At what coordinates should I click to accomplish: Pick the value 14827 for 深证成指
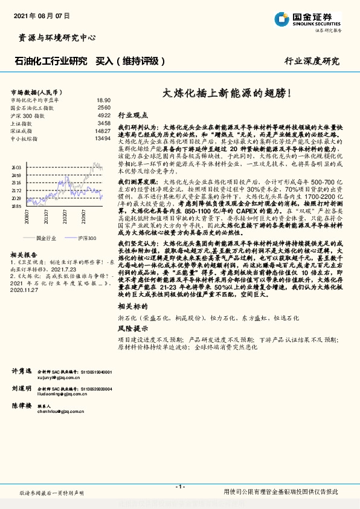102,131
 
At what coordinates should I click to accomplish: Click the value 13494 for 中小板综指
102,138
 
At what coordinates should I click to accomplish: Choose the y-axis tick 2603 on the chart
16,167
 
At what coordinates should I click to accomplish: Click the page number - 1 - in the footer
179,487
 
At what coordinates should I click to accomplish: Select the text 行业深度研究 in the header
312,62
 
